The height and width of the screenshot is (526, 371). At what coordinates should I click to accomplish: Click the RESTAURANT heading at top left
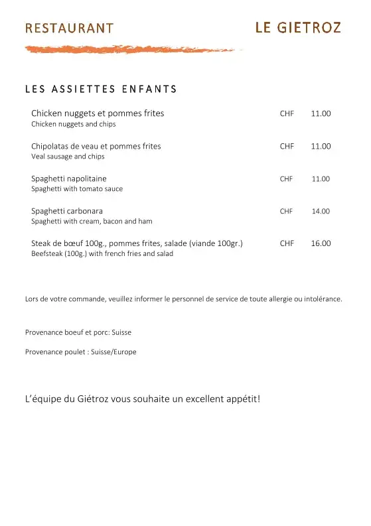[69, 28]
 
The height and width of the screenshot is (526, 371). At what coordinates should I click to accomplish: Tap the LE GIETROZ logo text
[298, 27]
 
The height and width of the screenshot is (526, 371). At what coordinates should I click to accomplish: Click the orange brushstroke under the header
[129, 49]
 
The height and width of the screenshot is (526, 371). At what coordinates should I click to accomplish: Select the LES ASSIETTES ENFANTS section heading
[101, 89]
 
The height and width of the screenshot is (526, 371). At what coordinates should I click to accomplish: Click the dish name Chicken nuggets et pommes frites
[98, 113]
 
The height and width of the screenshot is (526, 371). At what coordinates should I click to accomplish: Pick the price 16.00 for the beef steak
[321, 243]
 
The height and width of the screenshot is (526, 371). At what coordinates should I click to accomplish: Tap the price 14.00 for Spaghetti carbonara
[321, 211]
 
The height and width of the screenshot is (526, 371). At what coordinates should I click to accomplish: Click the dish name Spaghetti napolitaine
[69, 178]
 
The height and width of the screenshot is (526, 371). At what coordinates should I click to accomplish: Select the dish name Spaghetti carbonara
[67, 211]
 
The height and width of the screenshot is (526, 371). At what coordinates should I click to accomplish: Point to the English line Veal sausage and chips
[68, 157]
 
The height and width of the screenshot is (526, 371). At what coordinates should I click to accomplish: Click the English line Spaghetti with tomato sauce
[77, 188]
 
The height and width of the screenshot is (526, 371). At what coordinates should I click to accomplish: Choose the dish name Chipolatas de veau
[96, 146]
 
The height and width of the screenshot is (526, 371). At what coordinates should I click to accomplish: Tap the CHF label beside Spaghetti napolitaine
[286, 179]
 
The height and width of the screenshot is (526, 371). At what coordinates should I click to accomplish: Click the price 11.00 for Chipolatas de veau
[321, 146]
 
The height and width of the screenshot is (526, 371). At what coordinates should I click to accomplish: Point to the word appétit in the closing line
[240, 399]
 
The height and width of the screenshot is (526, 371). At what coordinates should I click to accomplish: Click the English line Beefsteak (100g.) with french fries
[102, 253]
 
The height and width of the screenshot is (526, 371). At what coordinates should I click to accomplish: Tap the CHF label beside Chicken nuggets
[287, 113]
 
